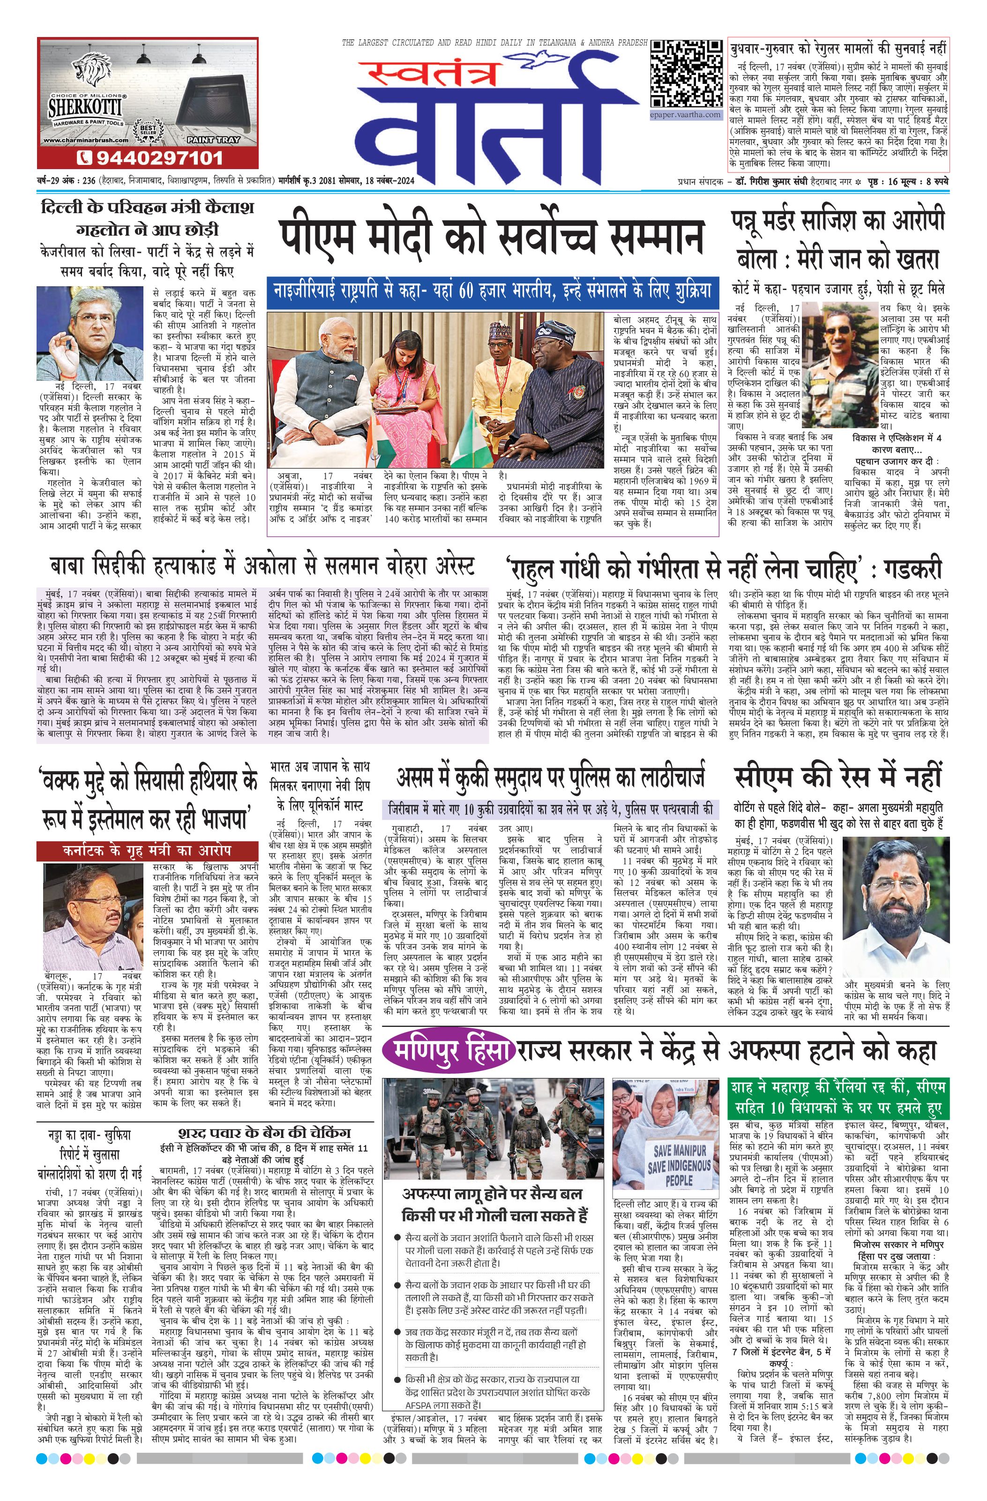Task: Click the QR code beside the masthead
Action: [686, 74]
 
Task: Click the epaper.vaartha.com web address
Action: [685, 115]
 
